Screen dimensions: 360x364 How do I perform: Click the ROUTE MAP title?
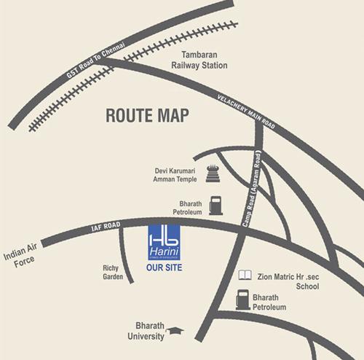[148, 114]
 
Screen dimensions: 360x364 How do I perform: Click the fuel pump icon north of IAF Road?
[215, 205]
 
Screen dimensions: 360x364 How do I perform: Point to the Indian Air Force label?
[20, 260]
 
